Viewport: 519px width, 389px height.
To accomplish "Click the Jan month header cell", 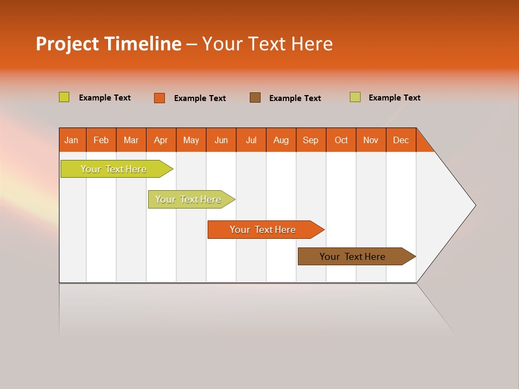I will pos(72,140).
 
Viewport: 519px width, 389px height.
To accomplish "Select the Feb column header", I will pos(101,140).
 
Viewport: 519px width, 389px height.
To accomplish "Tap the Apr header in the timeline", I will pos(161,140).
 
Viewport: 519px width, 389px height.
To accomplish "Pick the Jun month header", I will pos(221,140).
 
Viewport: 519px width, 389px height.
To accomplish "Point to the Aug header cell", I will pos(281,140).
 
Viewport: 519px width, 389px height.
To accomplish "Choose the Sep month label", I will pos(311,140).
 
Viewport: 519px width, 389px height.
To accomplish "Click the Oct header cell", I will pos(341,140).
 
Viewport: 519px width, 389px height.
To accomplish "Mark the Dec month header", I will pos(401,140).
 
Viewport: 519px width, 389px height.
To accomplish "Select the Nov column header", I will pos(371,140).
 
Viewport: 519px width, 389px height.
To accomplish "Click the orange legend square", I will pos(159,98).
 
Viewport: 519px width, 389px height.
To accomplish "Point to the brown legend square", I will pos(255,97).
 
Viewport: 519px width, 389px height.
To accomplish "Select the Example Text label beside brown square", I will pos(295,98).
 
